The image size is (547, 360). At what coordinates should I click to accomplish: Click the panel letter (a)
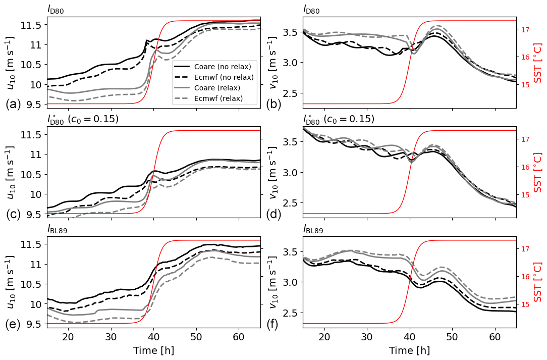[x=13, y=105]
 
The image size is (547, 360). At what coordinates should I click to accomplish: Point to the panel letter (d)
[x=275, y=214]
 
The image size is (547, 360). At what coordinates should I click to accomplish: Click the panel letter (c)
[x=13, y=214]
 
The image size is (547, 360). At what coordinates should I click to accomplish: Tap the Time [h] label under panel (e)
[x=154, y=351]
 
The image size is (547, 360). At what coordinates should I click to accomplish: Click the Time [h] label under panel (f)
[x=410, y=351]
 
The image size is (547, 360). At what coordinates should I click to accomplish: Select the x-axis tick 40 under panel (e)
[x=154, y=337]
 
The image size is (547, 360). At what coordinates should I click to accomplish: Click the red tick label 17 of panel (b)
[x=525, y=29]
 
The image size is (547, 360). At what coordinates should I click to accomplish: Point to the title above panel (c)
[x=83, y=120]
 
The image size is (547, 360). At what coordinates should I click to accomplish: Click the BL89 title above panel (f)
[x=313, y=230]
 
